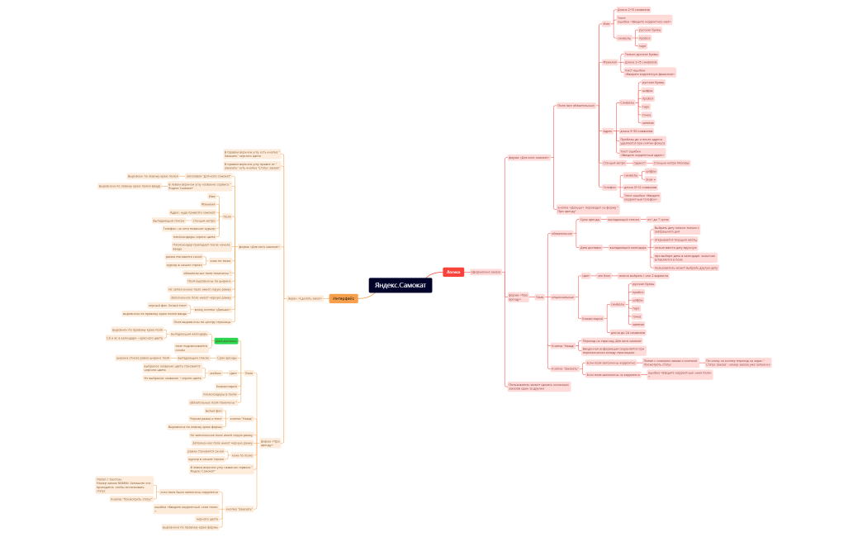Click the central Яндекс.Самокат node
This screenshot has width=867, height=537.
[x=400, y=284]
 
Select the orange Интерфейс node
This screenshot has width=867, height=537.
[x=343, y=298]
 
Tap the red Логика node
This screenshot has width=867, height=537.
[x=453, y=271]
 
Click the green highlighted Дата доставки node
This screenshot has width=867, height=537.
[x=225, y=340]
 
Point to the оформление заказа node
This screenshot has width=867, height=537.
[x=486, y=272]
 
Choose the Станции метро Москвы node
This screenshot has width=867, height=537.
[x=671, y=163]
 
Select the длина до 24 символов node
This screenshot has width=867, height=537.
[x=626, y=332]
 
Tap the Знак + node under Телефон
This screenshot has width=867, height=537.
[x=651, y=179]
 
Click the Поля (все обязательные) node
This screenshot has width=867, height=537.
[x=576, y=106]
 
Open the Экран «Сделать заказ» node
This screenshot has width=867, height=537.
[x=305, y=298]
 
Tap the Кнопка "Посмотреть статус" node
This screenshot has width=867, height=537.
[x=132, y=499]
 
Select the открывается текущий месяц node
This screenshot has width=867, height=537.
[x=675, y=240]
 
